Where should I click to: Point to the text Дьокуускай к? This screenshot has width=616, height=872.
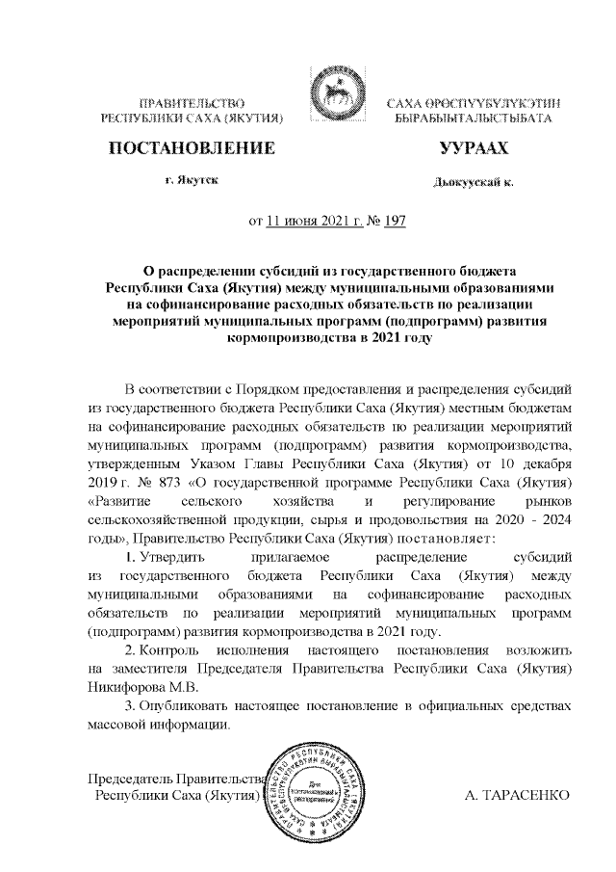473,181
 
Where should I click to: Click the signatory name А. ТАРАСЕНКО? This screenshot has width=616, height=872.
518,797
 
